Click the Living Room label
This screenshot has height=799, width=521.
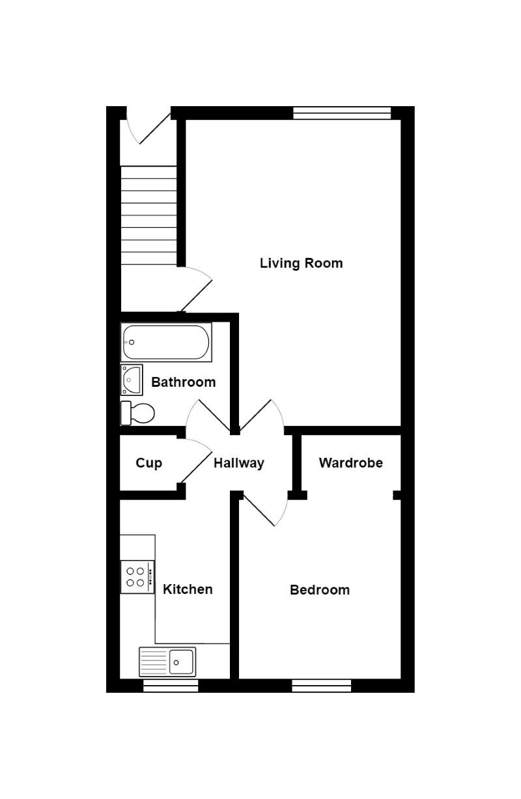(x=301, y=263)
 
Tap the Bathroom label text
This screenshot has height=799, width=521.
(x=184, y=382)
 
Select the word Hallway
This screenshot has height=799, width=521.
(x=239, y=463)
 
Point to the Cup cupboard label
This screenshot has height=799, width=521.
(x=148, y=463)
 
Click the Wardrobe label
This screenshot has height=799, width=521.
(x=351, y=462)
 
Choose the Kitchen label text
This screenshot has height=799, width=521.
(x=188, y=589)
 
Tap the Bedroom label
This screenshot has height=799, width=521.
(x=320, y=589)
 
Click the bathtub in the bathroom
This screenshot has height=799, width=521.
(x=166, y=343)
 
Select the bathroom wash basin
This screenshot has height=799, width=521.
(x=132, y=380)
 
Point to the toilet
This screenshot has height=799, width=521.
(x=137, y=413)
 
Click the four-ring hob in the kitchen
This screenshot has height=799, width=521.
(x=137, y=577)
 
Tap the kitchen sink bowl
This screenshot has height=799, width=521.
(x=181, y=662)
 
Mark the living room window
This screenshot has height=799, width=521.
(x=342, y=113)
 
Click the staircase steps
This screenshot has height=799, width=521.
(x=148, y=216)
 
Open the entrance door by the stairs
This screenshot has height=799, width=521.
(x=148, y=128)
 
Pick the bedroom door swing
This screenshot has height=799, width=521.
(x=264, y=509)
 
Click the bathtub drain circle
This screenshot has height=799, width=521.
(x=132, y=343)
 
